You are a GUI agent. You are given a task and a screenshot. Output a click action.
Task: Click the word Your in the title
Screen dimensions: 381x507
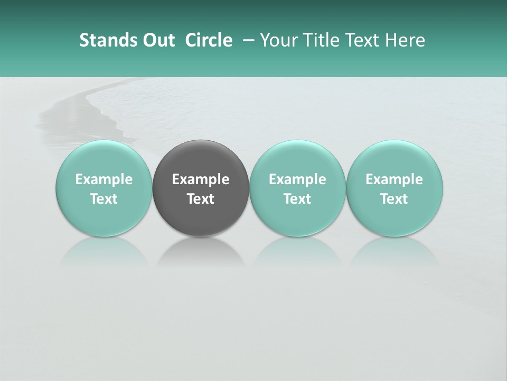[278, 40]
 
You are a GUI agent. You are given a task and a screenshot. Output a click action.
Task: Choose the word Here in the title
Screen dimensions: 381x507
[405, 40]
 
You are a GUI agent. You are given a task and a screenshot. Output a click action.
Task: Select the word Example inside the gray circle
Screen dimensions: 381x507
[201, 179]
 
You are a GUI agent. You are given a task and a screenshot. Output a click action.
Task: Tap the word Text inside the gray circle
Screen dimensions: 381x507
[201, 199]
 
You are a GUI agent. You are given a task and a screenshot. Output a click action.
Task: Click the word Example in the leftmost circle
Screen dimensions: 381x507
[104, 179]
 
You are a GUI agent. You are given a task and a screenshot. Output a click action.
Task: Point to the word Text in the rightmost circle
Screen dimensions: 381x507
[395, 199]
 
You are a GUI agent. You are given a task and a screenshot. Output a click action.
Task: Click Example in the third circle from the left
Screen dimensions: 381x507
[297, 179]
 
